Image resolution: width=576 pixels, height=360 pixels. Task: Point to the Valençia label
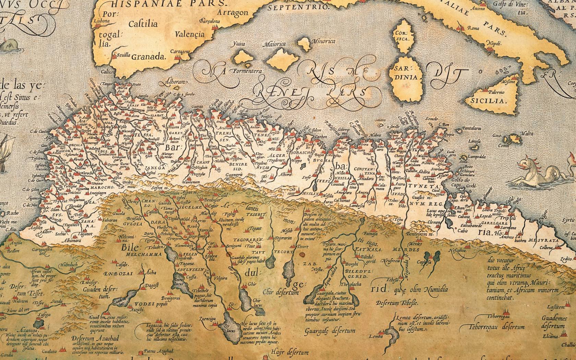pos(189,34)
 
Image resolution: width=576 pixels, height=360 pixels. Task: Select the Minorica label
pos(323,41)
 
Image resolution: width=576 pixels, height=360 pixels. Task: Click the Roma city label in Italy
pos(473,28)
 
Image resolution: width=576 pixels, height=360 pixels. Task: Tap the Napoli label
pos(494,43)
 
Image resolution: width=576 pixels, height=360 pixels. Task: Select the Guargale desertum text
pos(329,331)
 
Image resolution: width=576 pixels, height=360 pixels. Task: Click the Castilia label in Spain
pos(143,24)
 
